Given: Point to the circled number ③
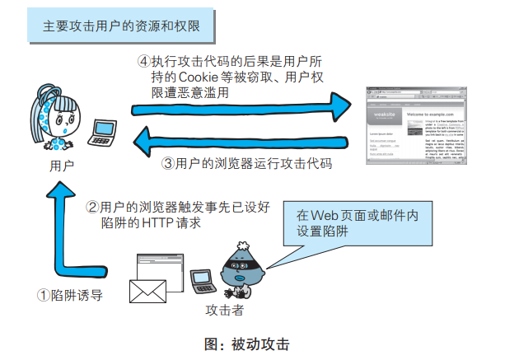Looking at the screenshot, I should [x=168, y=163].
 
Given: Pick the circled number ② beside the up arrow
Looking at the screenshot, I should [x=93, y=206].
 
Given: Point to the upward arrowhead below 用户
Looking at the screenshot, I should [x=59, y=191].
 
